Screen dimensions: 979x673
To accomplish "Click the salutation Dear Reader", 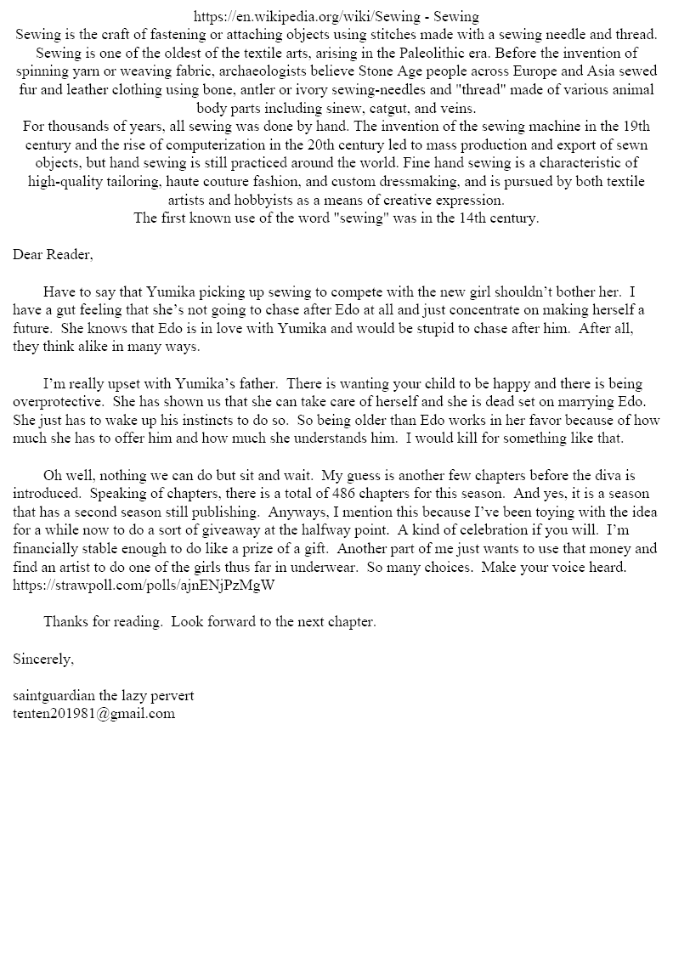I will pyautogui.click(x=53, y=254).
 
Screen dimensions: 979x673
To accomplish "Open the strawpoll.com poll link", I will pyautogui.click(x=144, y=586).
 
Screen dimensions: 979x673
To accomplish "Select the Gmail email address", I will pyautogui.click(x=93, y=714).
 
